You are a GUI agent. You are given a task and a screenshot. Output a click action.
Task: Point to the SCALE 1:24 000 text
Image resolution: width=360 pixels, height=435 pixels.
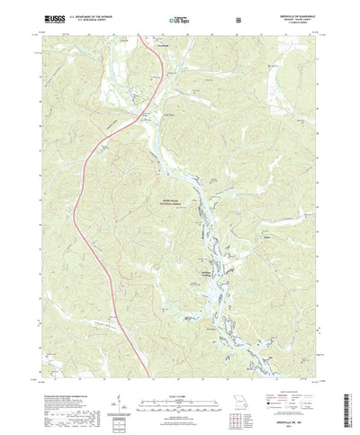pyautogui.click(x=179, y=365)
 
